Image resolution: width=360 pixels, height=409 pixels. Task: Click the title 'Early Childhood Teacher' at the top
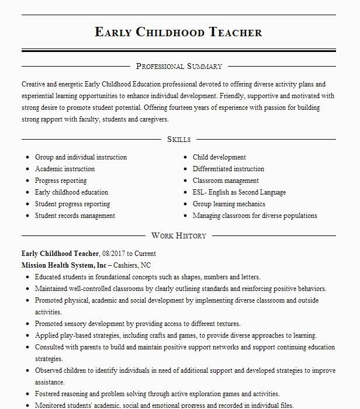178,32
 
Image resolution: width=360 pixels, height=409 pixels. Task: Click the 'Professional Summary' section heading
178,67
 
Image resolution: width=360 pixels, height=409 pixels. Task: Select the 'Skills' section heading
178,139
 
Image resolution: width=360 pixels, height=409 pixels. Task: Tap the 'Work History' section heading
178,235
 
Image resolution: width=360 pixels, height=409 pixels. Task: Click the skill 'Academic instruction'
64,169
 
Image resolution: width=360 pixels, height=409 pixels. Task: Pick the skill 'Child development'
219,157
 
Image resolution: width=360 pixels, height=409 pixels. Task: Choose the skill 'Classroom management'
226,181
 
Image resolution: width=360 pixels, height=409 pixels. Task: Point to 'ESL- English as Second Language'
239,192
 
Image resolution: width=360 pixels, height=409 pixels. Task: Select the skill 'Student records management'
75,216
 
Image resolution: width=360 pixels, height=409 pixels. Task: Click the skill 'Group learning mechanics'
229,204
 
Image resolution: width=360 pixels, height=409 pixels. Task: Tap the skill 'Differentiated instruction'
229,169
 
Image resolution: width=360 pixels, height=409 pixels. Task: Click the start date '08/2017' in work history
113,254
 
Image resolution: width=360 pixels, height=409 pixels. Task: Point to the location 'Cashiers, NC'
136,265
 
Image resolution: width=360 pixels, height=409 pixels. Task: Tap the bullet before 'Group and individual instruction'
28,158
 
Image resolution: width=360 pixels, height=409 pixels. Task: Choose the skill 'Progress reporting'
61,181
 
